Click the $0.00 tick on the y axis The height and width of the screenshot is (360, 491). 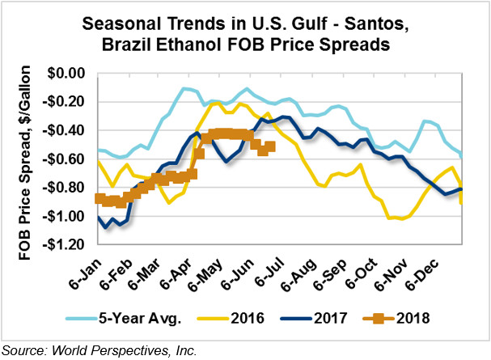[x=66, y=74]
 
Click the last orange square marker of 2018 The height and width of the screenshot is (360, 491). [x=270, y=146]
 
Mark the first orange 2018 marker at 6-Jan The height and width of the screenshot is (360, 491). [x=99, y=198]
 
